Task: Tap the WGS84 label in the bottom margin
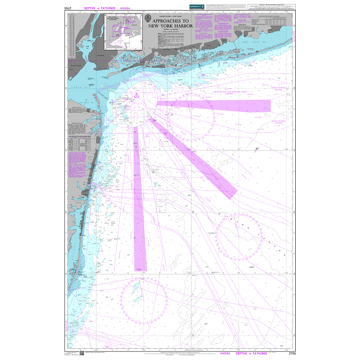225,353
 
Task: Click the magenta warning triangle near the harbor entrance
137,96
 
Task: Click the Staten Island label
77,65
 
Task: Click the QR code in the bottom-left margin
68,353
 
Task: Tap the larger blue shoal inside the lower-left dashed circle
137,288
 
